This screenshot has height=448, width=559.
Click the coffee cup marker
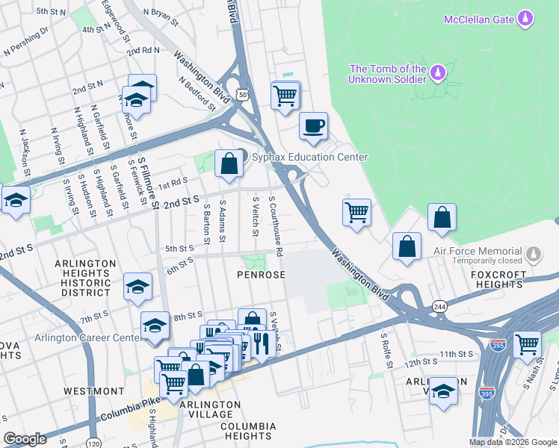pyautogui.click(x=313, y=125)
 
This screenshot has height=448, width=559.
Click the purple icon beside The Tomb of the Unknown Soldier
pyautogui.click(x=436, y=72)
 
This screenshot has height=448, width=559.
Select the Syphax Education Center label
pyautogui.click(x=309, y=157)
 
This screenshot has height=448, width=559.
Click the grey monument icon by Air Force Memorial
pyautogui.click(x=532, y=255)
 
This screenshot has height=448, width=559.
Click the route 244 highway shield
pyautogui.click(x=439, y=306)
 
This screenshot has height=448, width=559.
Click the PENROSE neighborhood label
pyautogui.click(x=262, y=275)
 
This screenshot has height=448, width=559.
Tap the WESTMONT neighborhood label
pyautogui.click(x=94, y=391)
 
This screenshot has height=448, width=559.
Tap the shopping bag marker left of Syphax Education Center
pyautogui.click(x=229, y=164)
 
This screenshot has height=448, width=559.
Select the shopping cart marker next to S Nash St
pyautogui.click(x=527, y=344)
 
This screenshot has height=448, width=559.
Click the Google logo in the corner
pyautogui.click(x=25, y=438)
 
